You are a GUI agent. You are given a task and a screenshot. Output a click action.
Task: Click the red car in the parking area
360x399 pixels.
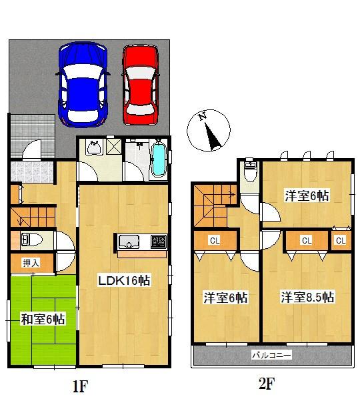[141, 83]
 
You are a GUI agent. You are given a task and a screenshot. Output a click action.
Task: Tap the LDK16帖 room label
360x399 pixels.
[125, 282]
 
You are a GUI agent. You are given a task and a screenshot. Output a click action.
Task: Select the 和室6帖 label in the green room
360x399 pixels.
[43, 320]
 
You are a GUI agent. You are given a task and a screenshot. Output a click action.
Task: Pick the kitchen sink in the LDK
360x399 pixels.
[128, 241]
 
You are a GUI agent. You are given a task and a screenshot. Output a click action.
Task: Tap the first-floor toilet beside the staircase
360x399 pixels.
[31, 239]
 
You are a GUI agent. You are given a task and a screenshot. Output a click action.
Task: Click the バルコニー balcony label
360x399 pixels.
[272, 356]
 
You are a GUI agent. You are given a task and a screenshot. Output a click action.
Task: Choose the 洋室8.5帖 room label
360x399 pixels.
[307, 297]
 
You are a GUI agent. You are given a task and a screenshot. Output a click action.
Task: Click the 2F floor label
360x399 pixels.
[267, 384]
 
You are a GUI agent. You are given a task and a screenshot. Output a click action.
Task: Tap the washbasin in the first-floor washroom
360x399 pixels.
[93, 148]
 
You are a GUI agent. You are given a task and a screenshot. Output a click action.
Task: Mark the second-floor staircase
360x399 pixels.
[211, 204]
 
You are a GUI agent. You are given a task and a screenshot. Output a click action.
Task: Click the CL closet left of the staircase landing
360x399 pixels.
[215, 240]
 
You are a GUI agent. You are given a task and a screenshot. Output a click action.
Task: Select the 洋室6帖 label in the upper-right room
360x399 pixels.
[307, 196]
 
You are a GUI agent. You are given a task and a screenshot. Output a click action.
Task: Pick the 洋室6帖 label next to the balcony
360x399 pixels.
[225, 298]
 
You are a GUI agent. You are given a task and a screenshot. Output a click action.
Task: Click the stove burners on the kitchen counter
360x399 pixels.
[159, 241]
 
